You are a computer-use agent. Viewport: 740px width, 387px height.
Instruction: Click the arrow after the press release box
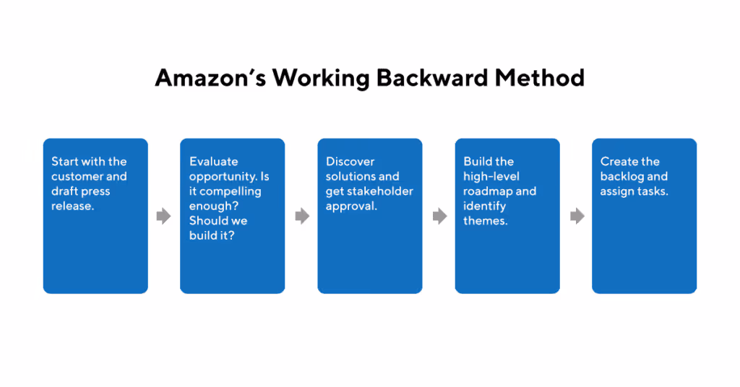[164, 216]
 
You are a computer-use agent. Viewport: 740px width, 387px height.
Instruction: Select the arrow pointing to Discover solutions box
[301, 216]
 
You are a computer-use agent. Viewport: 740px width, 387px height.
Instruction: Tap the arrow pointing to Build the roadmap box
[439, 216]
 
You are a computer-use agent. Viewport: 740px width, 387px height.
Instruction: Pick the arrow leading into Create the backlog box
[576, 216]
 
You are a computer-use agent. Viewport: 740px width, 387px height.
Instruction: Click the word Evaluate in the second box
[214, 162]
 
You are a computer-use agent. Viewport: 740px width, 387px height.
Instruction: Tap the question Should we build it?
[218, 228]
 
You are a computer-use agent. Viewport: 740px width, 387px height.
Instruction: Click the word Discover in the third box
[350, 162]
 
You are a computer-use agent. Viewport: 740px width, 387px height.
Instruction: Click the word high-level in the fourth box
[491, 177]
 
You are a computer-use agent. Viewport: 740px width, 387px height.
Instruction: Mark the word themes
[486, 221]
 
